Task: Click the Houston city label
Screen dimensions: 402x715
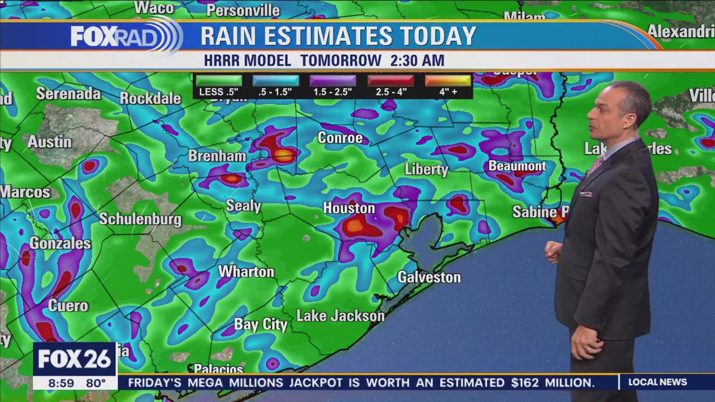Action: point(349,208)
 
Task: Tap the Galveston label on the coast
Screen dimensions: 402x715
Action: point(429,277)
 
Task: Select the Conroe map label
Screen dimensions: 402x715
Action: point(340,138)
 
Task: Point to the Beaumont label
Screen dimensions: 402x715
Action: point(517,166)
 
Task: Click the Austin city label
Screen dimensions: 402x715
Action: point(50,142)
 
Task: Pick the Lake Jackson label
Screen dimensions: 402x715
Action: point(341,316)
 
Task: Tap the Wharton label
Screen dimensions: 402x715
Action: point(246,272)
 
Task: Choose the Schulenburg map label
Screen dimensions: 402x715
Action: point(140,219)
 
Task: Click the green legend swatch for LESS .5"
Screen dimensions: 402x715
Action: point(219,81)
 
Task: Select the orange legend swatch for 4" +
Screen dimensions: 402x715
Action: point(448,81)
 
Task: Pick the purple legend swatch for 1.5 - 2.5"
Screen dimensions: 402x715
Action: point(333,81)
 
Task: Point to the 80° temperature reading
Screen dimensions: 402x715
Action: point(96,383)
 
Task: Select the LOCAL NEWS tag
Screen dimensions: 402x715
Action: point(657,382)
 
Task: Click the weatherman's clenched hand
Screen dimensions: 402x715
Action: point(553,252)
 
